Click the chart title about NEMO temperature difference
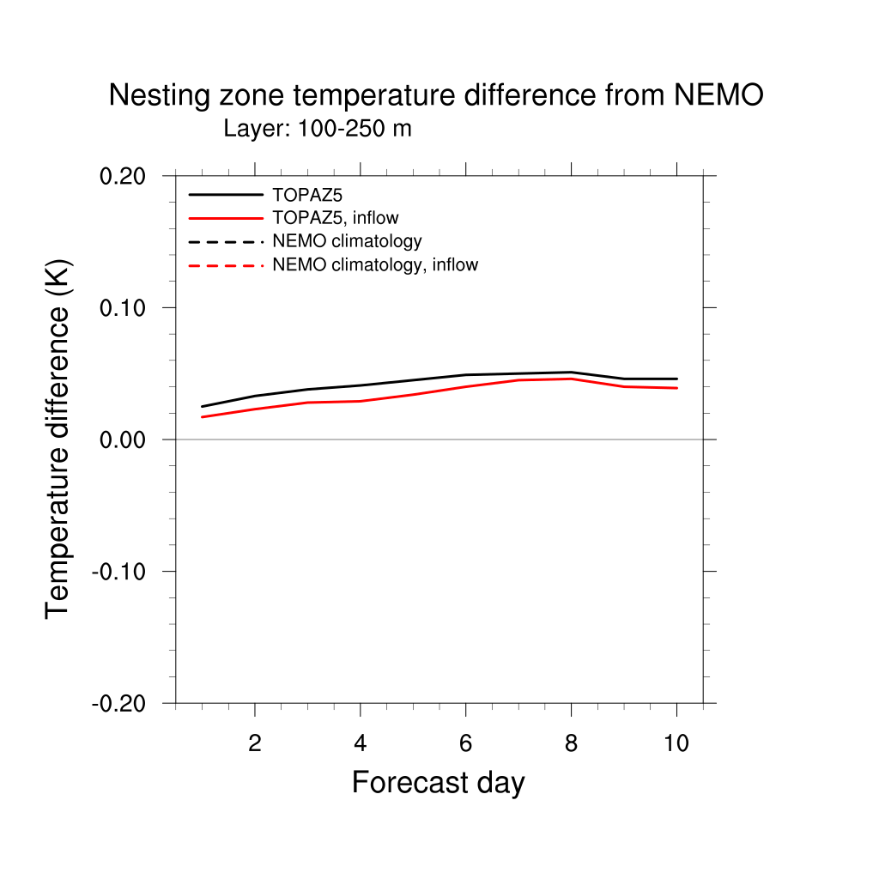[435, 95]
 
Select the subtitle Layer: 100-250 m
[318, 130]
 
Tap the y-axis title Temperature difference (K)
[58, 439]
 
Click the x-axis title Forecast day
[438, 783]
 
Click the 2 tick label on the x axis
[255, 743]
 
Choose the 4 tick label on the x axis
[361, 743]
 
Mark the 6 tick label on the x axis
[465, 743]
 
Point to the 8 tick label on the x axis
[571, 743]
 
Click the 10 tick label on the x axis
[676, 743]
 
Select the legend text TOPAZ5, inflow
[336, 218]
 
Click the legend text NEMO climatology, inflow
[375, 265]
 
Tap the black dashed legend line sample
[226, 242]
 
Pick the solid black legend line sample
[226, 195]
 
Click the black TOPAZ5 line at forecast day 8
[571, 373]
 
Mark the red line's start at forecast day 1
[202, 417]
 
